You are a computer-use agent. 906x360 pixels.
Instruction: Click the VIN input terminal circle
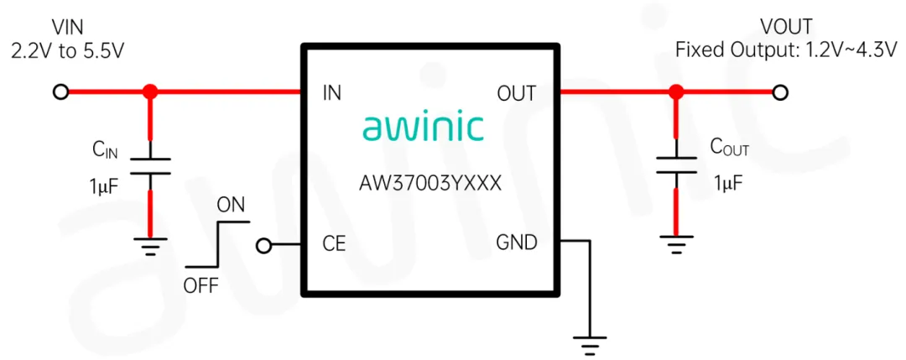[x=60, y=92]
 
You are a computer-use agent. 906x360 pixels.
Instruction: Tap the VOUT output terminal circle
[x=780, y=92]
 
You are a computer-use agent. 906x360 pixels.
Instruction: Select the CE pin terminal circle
[x=264, y=245]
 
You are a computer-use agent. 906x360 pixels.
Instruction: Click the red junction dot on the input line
[x=150, y=92]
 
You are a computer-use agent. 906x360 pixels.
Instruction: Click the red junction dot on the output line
[x=676, y=92]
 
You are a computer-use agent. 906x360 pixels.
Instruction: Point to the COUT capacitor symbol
[x=676, y=164]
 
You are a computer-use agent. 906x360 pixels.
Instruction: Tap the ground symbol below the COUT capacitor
[x=676, y=245]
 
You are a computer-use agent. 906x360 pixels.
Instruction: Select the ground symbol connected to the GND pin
[x=591, y=342]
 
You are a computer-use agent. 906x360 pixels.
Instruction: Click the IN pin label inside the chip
[x=332, y=93]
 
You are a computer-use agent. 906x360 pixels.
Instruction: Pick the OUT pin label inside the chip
[x=516, y=93]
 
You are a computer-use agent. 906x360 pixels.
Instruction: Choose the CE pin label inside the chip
[x=334, y=244]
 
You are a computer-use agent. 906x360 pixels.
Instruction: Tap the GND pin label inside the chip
[x=516, y=243]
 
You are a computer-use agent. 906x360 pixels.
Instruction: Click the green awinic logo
[x=423, y=128]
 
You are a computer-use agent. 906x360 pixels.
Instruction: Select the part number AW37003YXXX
[x=430, y=184]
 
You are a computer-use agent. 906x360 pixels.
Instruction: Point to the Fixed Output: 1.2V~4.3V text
[x=786, y=50]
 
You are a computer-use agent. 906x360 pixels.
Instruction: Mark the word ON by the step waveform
[x=231, y=204]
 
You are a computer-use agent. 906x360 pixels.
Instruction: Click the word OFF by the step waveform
[x=200, y=286]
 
